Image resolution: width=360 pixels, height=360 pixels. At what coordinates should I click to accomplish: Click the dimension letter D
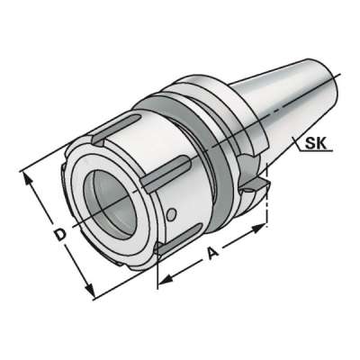coord(58,237)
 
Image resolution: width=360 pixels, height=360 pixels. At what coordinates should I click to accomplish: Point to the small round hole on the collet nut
coord(173,212)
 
